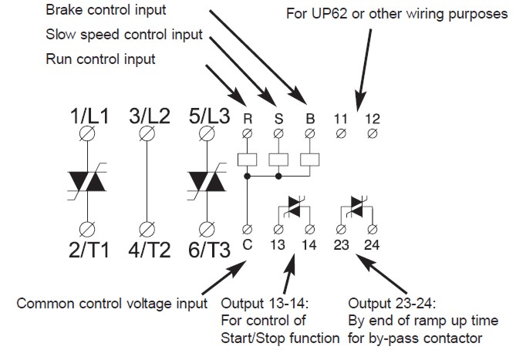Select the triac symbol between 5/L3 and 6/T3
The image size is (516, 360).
pos(207,180)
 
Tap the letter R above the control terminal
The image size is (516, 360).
pos(247,119)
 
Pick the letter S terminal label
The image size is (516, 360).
pos(278,119)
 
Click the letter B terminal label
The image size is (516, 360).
pos(309,119)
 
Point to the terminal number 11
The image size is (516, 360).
pos(341,119)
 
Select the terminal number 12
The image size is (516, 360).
pos(373,119)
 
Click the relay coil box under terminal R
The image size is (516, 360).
pos(247,160)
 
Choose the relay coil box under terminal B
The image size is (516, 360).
pos(309,160)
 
